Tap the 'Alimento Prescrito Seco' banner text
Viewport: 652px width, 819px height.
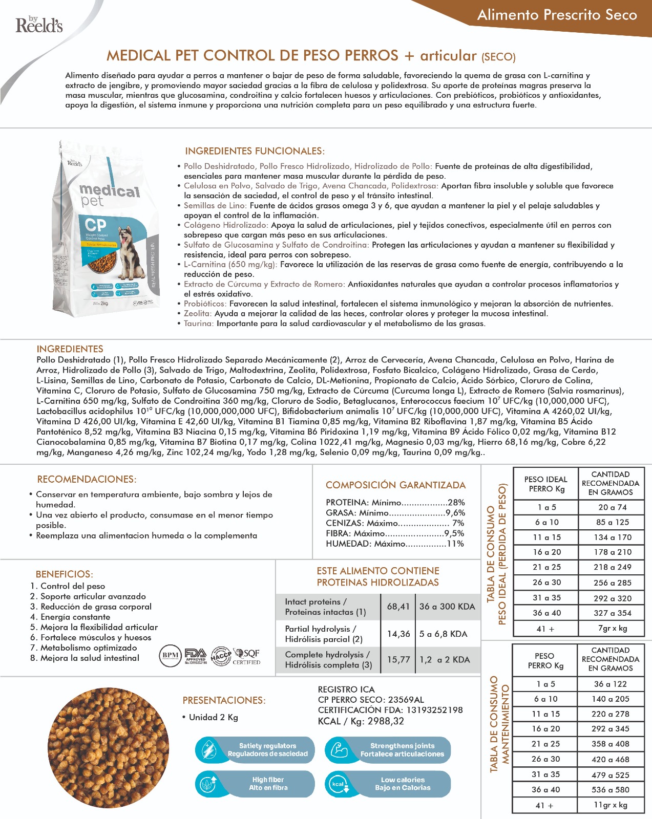pyautogui.click(x=557, y=15)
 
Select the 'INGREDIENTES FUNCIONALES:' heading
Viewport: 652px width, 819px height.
pyautogui.click(x=255, y=151)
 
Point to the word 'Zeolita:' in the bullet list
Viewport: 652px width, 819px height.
pyautogui.click(x=198, y=313)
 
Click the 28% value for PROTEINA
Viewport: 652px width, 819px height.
pyautogui.click(x=456, y=503)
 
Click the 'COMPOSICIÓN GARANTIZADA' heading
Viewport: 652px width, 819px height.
pyautogui.click(x=395, y=485)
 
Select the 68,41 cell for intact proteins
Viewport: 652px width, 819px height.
pyautogui.click(x=398, y=607)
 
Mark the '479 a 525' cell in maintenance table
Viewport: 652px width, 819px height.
pyautogui.click(x=611, y=775)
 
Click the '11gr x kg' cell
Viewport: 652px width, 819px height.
pyautogui.click(x=611, y=805)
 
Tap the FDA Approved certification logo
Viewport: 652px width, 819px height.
pyautogui.click(x=195, y=656)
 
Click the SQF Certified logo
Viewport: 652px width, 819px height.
pyautogui.click(x=246, y=656)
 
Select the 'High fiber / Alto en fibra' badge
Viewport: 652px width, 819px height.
pyautogui.click(x=255, y=784)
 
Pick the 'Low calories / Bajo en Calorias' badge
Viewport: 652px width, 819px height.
pyautogui.click(x=388, y=784)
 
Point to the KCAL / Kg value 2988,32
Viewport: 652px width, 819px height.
pyautogui.click(x=385, y=721)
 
